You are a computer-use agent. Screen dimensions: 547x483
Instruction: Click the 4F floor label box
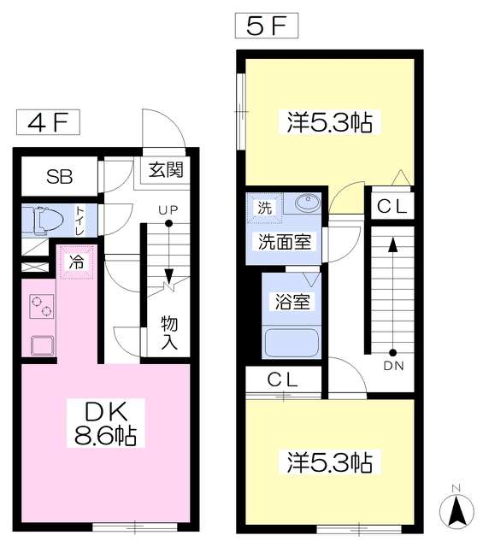(48, 122)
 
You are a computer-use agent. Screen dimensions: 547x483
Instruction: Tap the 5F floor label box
(266, 26)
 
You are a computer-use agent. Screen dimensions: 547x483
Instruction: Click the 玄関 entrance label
(166, 169)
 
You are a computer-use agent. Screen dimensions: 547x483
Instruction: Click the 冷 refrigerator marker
(76, 262)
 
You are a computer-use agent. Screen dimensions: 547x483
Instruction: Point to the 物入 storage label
(169, 333)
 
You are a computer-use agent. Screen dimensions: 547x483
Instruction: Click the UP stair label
(168, 209)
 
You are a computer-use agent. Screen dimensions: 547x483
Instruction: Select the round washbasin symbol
(305, 204)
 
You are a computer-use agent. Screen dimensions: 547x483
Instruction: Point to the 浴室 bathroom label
(292, 301)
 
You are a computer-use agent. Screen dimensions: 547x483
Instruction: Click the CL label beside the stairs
(392, 206)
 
